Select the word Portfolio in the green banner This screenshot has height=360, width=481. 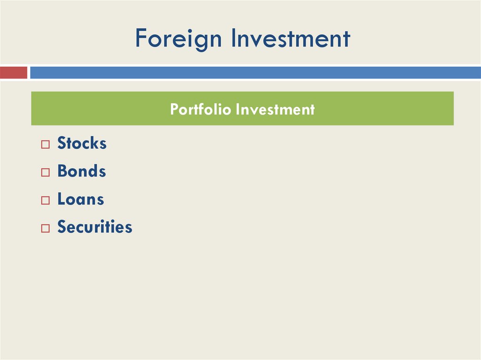201,109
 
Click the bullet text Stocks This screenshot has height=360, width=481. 82,143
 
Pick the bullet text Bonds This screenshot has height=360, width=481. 81,171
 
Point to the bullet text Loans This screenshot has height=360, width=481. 80,199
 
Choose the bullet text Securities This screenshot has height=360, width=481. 94,227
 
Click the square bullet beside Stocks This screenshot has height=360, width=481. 45,145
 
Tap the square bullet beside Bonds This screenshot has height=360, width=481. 45,173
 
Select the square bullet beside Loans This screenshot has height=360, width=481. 45,201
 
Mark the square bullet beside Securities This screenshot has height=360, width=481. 45,229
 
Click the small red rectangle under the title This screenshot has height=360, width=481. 14,73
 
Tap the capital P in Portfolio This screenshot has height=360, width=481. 174,109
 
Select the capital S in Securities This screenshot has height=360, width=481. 62,227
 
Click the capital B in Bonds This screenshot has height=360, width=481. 62,171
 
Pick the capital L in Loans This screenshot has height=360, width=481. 61,199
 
